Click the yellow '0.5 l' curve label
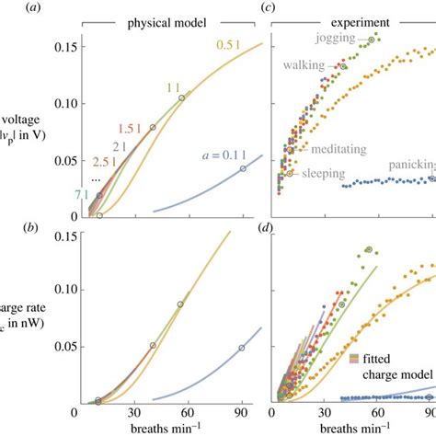228,43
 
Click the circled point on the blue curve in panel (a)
243,168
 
